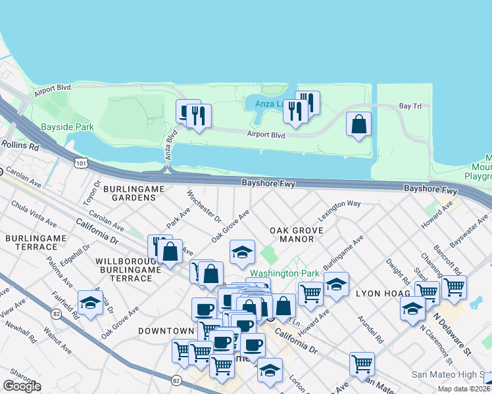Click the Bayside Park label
pyautogui.click(x=67, y=127)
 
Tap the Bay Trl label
pyautogui.click(x=414, y=106)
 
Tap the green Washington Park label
pyautogui.click(x=284, y=273)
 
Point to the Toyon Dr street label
pyautogui.click(x=93, y=190)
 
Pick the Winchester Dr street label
pyautogui.click(x=205, y=206)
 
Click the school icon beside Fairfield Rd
pyautogui.click(x=90, y=303)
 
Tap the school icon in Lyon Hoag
pyautogui.click(x=412, y=307)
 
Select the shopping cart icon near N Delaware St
pyautogui.click(x=454, y=286)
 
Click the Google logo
pyautogui.click(x=22, y=386)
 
